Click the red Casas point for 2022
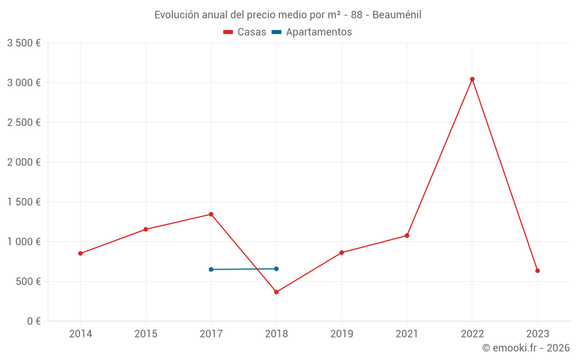point(472,79)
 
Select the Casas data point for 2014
point(81,253)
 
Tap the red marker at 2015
point(146,229)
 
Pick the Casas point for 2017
point(211,214)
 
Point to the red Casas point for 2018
point(276,292)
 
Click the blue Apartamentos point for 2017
point(211,270)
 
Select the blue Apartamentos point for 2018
point(276,269)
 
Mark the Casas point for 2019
point(342,252)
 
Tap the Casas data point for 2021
point(407,236)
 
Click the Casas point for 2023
point(537,271)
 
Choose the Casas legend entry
point(245,32)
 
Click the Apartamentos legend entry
point(312,32)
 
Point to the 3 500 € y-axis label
point(24,43)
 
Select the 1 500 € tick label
point(24,202)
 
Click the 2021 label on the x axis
point(407,334)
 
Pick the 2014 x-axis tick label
point(81,334)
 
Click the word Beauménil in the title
point(397,15)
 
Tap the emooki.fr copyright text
point(526,348)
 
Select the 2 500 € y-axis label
point(24,123)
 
